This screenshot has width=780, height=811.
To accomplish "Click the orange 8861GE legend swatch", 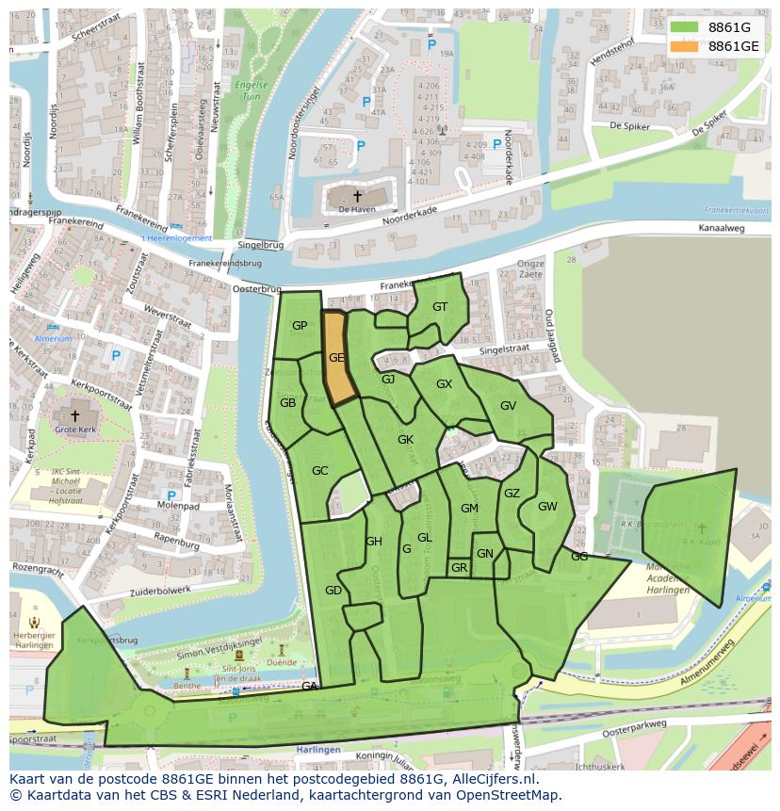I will [685, 46].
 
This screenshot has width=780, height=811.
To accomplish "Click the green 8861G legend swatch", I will [685, 27].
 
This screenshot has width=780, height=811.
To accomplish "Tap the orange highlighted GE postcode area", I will [336, 358].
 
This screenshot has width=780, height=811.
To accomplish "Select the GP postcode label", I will [300, 326].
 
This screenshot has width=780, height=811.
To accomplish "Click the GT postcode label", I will [440, 307].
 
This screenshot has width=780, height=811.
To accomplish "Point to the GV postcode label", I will [508, 406].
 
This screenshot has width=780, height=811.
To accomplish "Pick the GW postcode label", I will [547, 506].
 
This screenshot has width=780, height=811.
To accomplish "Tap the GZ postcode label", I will [512, 493].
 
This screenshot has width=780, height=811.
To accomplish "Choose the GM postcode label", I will [469, 509].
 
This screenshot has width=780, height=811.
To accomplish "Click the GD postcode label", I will [333, 591].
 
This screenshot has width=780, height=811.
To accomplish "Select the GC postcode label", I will [319, 471].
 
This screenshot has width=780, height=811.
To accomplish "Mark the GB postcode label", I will [287, 402].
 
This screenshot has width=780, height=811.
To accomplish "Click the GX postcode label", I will [444, 384].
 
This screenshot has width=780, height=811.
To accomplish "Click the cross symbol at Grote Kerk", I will [75, 414].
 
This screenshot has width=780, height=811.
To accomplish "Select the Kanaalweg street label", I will [722, 228].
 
